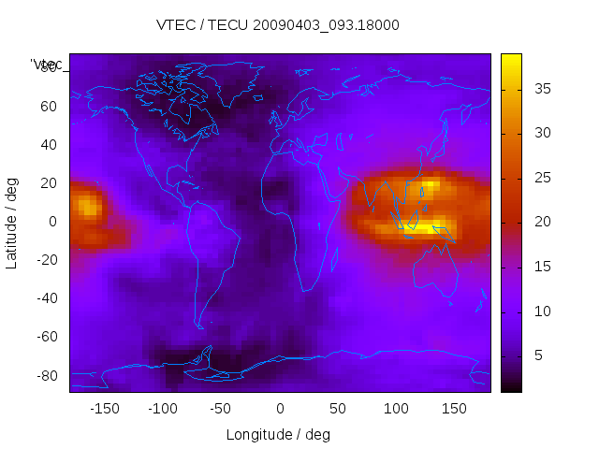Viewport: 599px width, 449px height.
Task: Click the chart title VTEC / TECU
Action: (x=278, y=25)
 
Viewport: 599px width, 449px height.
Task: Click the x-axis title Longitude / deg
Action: (x=278, y=434)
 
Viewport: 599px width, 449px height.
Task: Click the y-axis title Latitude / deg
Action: (x=12, y=222)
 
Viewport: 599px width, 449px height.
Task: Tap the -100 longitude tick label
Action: (x=162, y=409)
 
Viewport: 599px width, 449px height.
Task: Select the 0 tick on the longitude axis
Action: (x=279, y=409)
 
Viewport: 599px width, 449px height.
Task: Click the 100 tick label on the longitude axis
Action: (x=396, y=409)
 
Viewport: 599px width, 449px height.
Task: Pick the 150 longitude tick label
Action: (x=454, y=409)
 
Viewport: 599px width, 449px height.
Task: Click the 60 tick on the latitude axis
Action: (x=49, y=106)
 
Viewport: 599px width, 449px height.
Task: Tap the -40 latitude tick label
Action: (x=46, y=298)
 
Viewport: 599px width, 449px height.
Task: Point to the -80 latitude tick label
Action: (x=46, y=376)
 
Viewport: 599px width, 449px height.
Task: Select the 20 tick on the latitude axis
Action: (x=49, y=182)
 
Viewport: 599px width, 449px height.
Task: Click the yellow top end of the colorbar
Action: (x=511, y=59)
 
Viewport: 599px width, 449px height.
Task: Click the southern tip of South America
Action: (x=199, y=326)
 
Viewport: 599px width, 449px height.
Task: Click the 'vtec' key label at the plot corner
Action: (x=47, y=65)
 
